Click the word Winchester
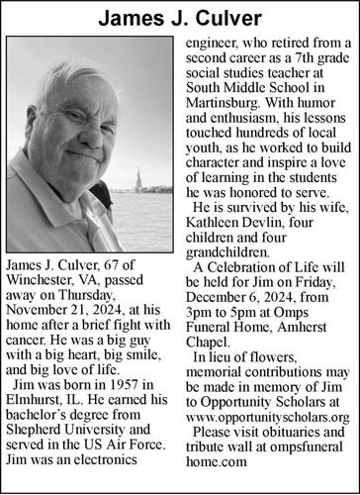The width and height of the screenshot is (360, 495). coord(45,283)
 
